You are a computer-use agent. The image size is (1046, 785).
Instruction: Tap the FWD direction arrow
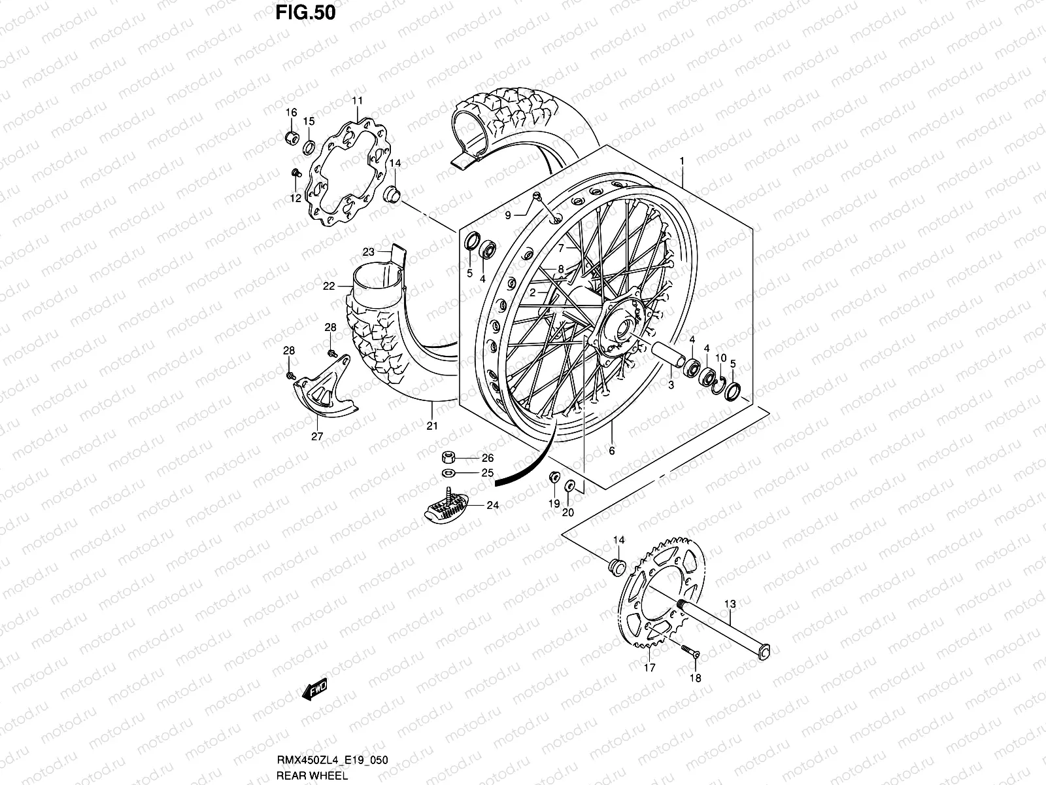pyautogui.click(x=314, y=690)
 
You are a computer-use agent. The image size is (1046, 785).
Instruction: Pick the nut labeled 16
pyautogui.click(x=292, y=137)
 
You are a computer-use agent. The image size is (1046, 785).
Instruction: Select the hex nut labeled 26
pyautogui.click(x=450, y=457)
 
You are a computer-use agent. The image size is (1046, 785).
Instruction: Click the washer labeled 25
pyautogui.click(x=449, y=473)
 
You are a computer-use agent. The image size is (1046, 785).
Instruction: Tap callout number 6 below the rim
pyautogui.click(x=612, y=451)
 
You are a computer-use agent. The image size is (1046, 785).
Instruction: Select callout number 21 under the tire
pyautogui.click(x=431, y=427)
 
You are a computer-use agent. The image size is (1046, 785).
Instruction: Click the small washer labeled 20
pyautogui.click(x=569, y=487)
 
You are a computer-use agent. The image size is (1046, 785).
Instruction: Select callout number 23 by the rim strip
pyautogui.click(x=368, y=252)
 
